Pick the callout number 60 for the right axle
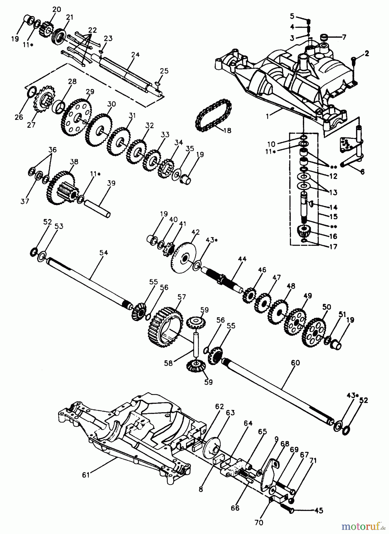pos(295,363)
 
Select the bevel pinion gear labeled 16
pos(304,231)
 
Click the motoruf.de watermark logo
pos(364,526)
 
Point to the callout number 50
pos(326,307)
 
